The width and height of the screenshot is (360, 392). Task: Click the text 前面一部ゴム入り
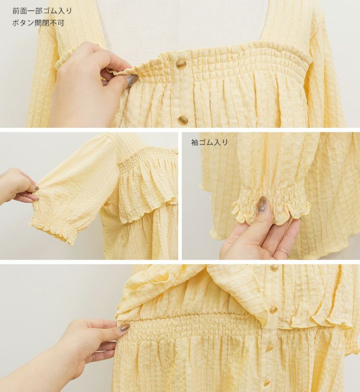point(42,11)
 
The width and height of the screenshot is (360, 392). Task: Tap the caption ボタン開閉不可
point(38,23)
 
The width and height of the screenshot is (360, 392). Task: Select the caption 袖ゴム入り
point(210,143)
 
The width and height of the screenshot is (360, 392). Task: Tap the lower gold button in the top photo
point(183,121)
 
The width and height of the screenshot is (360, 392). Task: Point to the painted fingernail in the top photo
point(132,80)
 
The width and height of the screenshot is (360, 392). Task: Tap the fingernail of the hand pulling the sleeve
point(36,188)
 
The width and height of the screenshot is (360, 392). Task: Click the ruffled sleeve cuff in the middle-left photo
point(53,226)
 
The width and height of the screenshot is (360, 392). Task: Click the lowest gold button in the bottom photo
point(267,383)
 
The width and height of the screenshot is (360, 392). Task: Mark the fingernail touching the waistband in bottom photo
point(124,327)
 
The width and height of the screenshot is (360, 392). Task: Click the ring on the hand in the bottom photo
point(93,357)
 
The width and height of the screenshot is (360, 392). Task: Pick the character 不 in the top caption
point(53,23)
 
